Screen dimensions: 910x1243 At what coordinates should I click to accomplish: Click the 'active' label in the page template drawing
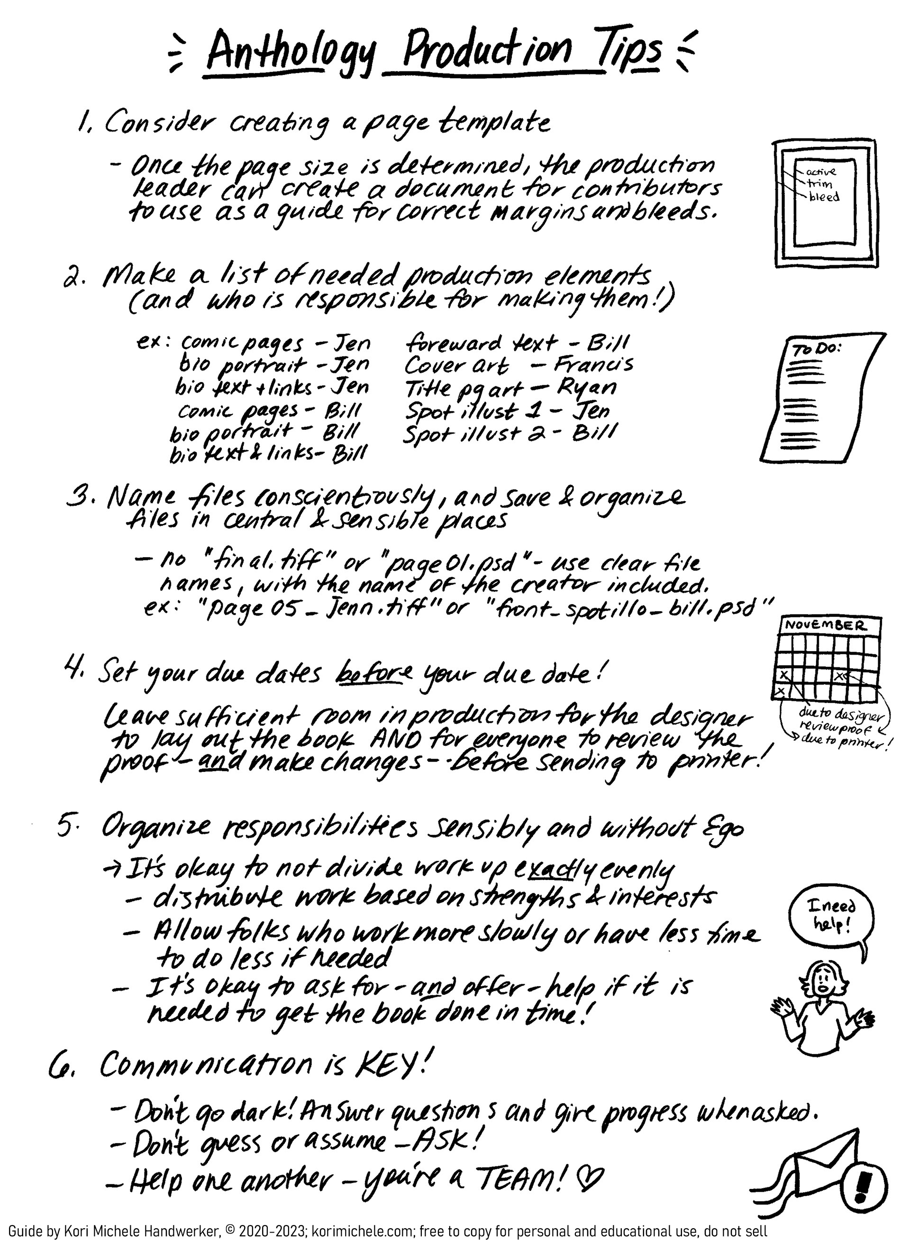(820, 172)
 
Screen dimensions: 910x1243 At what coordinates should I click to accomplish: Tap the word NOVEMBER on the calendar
(825, 625)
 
